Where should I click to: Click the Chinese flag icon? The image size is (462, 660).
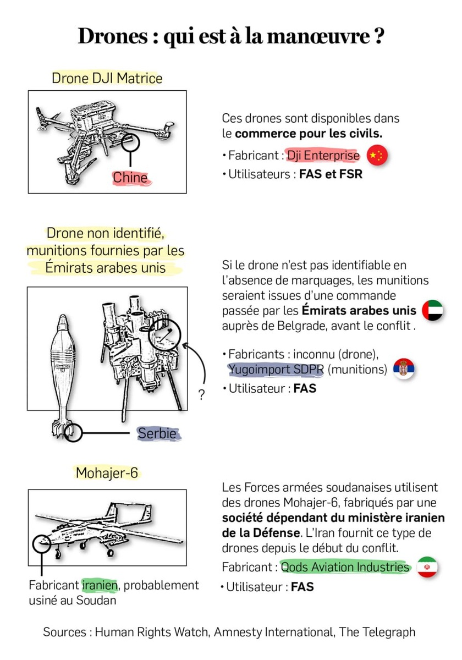(377, 156)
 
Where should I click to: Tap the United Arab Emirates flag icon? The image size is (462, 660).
(432, 311)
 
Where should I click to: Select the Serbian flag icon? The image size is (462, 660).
(404, 369)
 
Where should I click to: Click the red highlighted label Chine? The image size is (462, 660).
(130, 178)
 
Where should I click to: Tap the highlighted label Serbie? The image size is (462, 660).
(157, 433)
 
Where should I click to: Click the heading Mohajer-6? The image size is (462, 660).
(107, 472)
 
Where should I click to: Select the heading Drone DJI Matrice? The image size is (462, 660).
(107, 78)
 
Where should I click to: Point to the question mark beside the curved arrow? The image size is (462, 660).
(201, 395)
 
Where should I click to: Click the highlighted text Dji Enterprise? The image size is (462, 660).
(323, 156)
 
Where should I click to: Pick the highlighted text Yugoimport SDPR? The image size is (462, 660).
(277, 369)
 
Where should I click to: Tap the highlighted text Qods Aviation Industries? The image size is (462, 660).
(345, 566)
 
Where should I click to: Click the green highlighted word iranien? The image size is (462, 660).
(100, 585)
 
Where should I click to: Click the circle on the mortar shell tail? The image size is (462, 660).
(73, 433)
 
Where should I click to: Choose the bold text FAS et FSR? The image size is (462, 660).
(331, 175)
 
